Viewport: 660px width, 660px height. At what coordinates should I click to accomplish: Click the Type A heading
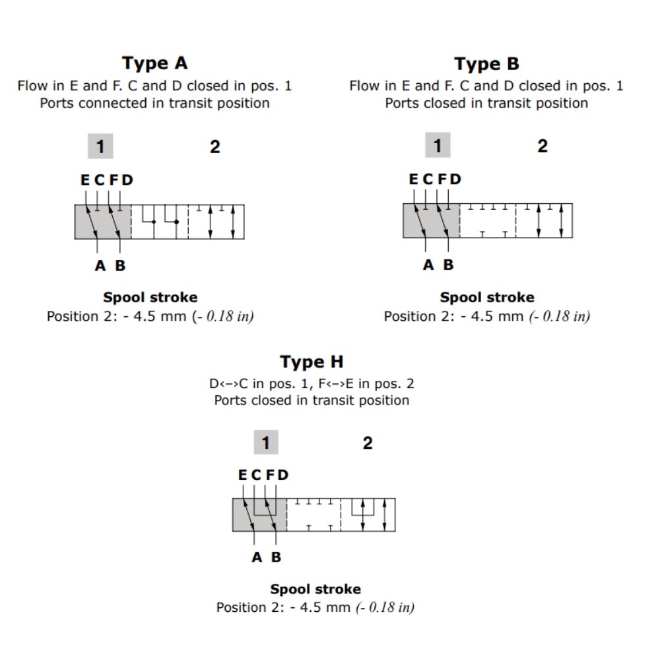point(155,63)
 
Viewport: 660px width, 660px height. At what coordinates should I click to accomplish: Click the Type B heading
point(486,64)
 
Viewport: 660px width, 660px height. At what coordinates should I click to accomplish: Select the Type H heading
point(312,362)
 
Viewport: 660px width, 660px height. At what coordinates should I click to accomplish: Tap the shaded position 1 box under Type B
point(437,146)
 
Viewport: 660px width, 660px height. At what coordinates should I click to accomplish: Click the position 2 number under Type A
point(215,147)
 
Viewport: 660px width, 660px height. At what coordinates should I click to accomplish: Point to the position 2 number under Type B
point(542,146)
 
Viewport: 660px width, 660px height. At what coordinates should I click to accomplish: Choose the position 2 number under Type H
point(368,443)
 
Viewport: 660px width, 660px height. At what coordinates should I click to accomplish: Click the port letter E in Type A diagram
point(85,180)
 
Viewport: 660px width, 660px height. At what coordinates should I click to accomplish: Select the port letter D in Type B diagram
point(455,180)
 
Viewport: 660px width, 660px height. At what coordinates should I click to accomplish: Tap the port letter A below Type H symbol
point(257,557)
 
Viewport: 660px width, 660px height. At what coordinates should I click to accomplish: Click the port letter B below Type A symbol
point(120,265)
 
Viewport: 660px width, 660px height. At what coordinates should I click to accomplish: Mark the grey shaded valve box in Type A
point(102,222)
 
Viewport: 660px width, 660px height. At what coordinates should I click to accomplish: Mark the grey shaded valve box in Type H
point(259,515)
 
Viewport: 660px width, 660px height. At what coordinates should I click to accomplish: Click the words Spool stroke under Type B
point(487,297)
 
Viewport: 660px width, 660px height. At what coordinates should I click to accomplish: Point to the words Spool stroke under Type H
point(315,589)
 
